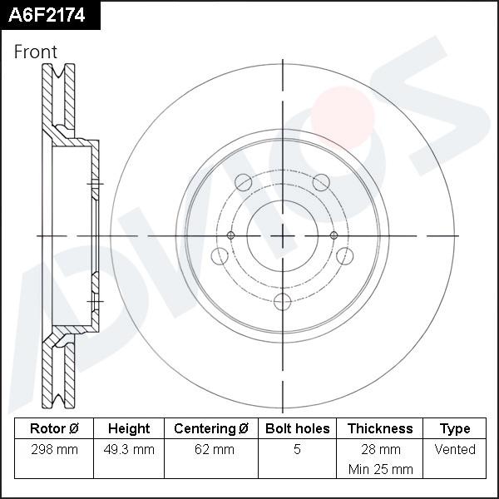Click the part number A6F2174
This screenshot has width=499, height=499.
point(49,14)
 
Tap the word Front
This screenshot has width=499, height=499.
point(36,52)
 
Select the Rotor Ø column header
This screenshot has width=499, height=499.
point(54,429)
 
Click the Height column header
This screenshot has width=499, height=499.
point(129,429)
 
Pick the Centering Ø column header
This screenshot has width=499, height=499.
point(211,429)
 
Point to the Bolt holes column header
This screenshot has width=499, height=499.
point(298,429)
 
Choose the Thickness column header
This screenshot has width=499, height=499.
point(380,429)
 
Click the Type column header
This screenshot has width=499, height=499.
point(455,429)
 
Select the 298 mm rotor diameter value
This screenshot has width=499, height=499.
point(54,450)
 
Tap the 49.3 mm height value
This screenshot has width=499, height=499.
point(129,450)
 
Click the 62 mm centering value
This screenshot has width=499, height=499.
point(211,450)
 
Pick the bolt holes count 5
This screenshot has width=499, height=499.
point(298,450)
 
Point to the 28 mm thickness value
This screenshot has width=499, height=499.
point(380,450)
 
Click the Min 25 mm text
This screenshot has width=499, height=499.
point(380,469)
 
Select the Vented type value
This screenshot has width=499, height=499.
point(455,450)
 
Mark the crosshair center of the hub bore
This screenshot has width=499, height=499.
point(283,236)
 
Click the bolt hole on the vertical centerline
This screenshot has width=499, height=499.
point(283,301)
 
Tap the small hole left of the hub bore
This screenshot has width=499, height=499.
point(231,236)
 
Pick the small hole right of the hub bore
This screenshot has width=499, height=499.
point(334,236)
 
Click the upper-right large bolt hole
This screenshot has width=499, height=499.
point(321,183)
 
